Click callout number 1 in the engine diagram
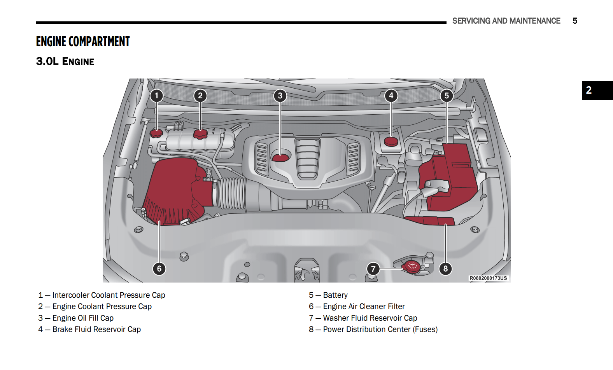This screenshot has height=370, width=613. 157,96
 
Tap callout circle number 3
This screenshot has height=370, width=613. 280,96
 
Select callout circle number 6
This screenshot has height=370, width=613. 159,269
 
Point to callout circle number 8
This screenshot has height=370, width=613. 445,269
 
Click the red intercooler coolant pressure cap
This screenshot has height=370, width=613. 156,133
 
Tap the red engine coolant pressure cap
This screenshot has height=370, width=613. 200,134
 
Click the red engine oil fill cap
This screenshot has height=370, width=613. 280,157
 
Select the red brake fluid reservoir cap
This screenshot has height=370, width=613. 391,141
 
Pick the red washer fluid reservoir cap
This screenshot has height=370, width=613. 412,266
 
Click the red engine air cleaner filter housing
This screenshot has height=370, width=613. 173,190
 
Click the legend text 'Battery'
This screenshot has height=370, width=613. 335,295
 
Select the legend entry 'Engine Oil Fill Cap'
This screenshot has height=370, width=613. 83,318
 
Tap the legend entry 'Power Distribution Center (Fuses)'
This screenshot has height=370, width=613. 380,330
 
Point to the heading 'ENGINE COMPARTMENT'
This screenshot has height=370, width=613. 83,42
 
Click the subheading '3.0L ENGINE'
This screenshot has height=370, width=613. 65,61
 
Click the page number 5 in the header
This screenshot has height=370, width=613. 575,21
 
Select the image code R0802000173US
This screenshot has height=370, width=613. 488,278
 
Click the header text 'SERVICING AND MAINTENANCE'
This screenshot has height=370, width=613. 506,21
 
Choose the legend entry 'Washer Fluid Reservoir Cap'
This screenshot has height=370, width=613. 370,318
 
